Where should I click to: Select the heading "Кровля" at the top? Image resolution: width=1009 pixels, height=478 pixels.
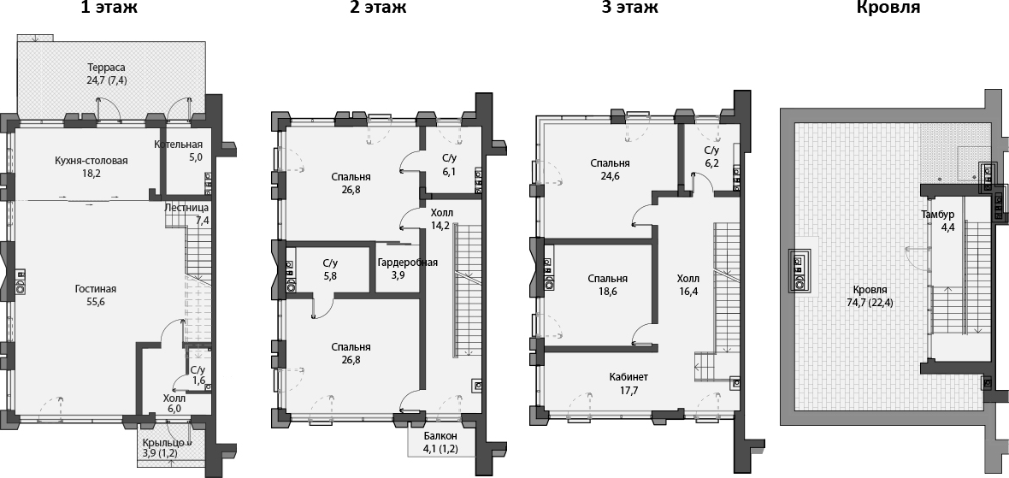click(888, 9)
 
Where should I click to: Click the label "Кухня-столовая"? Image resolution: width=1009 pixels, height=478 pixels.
click(91, 160)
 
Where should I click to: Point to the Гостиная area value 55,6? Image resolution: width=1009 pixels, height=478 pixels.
click(95, 303)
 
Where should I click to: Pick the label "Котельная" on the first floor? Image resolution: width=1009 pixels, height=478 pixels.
click(178, 144)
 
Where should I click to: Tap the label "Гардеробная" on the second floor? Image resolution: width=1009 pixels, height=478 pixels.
click(408, 262)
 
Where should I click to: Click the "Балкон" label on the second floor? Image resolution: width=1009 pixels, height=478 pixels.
click(440, 435)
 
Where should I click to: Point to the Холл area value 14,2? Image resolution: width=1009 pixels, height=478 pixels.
click(443, 226)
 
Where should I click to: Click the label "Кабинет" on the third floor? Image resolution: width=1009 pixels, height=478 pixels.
click(628, 376)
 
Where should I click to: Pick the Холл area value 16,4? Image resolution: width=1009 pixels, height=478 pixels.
click(687, 292)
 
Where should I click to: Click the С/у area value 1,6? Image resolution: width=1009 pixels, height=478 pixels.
click(198, 381)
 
